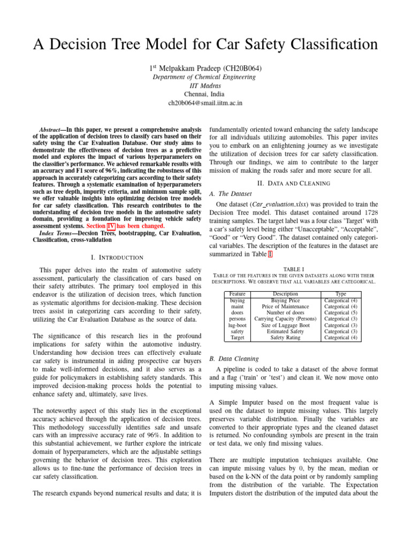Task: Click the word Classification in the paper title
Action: click(323, 45)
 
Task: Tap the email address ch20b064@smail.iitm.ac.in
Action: click(205, 102)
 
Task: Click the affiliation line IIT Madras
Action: click(205, 85)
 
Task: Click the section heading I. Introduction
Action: click(116, 257)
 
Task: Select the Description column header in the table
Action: click(285, 294)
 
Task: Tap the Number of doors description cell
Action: click(285, 313)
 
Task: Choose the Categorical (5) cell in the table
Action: click(340, 313)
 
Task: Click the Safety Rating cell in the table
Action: click(285, 337)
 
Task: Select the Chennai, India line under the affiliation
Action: click(205, 93)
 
